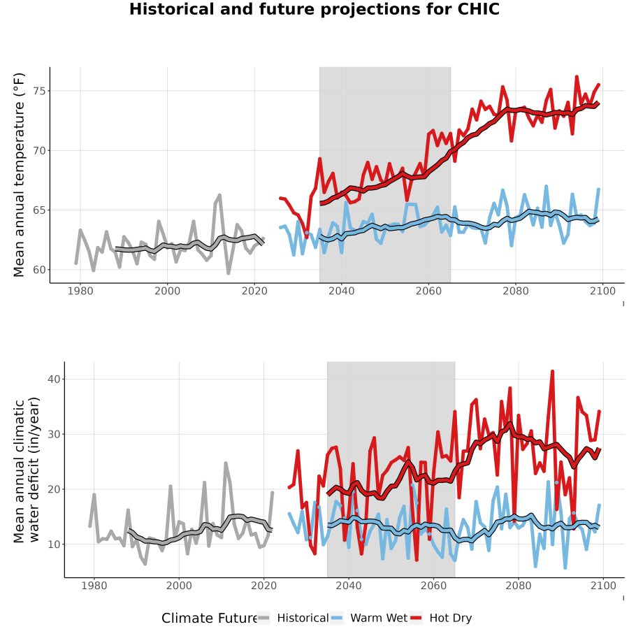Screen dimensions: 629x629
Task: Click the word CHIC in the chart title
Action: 479,9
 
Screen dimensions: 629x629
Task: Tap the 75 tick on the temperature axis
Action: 40,91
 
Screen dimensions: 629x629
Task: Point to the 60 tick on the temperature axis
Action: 40,270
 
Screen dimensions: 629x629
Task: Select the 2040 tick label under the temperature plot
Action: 341,291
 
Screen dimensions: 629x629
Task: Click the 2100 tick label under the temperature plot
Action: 602,291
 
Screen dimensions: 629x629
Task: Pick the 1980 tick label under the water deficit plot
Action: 94,586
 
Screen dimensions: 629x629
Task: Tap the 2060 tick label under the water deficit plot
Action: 433,586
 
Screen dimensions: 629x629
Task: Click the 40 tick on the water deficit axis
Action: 54,379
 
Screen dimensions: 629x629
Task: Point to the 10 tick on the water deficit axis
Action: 54,544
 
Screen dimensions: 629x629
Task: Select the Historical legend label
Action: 303,619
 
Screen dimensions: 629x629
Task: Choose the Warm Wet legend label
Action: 379,619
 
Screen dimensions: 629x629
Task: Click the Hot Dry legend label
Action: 451,619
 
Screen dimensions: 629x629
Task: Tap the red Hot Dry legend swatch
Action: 417,619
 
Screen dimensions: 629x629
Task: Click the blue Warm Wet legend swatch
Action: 338,619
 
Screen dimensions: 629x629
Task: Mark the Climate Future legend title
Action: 210,619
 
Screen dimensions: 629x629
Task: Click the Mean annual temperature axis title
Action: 19,175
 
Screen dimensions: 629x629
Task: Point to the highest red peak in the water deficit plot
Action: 552,372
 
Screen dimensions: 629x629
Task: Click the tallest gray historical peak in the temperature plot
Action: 219,196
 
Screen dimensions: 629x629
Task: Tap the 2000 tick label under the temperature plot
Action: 167,291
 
